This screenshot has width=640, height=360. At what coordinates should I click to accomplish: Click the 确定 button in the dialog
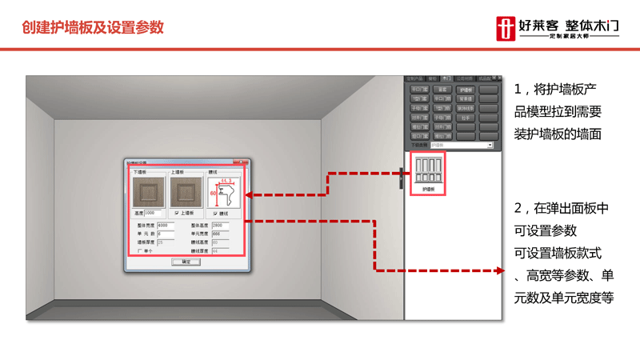tap(186, 261)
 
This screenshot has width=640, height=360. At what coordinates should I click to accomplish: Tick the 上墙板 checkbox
tap(176, 213)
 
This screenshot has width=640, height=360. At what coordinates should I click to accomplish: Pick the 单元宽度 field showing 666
tap(220, 234)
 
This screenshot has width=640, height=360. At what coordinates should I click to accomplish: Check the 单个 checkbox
tap(139, 250)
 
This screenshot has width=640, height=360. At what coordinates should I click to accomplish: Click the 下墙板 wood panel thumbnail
tap(148, 193)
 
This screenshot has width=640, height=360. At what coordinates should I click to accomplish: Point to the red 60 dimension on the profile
tap(212, 193)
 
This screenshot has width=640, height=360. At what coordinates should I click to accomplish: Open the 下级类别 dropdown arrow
tap(490, 146)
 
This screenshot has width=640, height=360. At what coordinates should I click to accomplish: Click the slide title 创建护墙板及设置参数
tap(93, 26)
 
